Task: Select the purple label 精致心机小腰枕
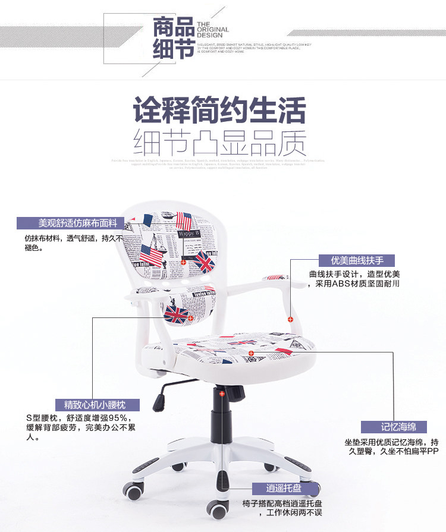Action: tap(95, 405)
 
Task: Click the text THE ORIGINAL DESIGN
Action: tap(212, 29)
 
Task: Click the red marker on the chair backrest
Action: tap(183, 262)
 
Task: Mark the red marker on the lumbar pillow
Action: tap(190, 318)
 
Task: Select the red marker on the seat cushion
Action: tap(252, 353)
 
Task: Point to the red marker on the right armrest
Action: tap(290, 319)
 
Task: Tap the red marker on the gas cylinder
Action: tap(222, 394)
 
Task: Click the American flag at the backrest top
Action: tap(185, 222)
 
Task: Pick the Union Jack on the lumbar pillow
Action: tap(177, 313)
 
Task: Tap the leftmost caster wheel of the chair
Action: tap(133, 492)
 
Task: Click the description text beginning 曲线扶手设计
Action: tap(354, 279)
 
